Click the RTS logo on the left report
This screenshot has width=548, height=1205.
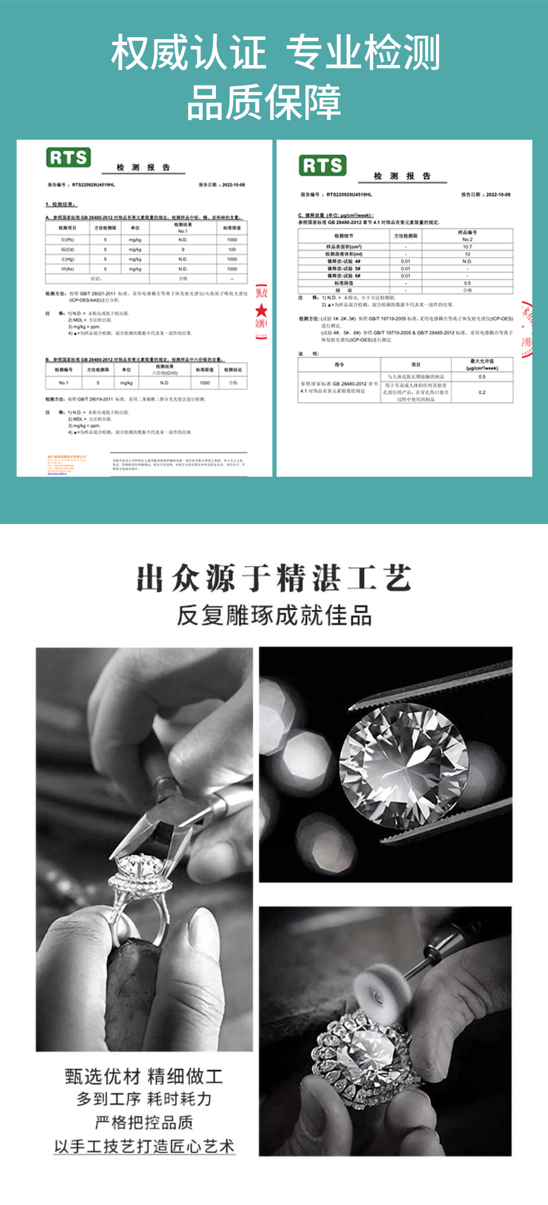click(68, 157)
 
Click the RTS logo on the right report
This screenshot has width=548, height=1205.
click(322, 166)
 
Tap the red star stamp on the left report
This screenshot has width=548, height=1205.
click(261, 310)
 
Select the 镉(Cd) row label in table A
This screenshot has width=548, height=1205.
click(67, 249)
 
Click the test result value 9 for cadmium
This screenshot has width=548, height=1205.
click(183, 249)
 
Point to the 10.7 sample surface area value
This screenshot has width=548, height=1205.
click(467, 246)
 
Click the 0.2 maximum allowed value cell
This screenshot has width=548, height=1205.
click(481, 392)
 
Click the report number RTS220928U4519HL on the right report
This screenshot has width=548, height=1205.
click(349, 194)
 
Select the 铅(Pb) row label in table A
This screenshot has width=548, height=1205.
click(67, 239)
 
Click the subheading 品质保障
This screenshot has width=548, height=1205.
click(263, 102)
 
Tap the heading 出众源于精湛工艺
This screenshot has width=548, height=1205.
click(274, 579)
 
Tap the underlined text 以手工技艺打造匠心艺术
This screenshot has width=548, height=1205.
click(144, 1146)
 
